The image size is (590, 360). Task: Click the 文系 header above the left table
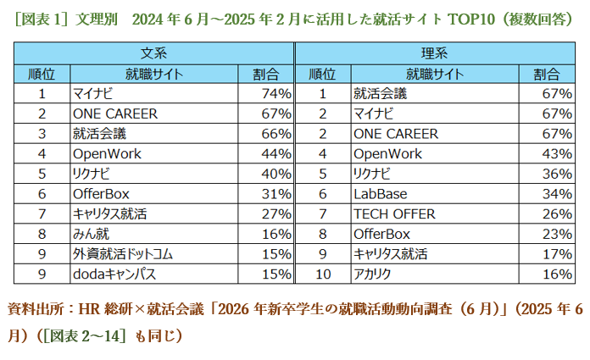pyautogui.click(x=153, y=53)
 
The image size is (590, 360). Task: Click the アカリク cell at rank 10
pyautogui.click(x=373, y=274)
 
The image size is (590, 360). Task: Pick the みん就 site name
pyautogui.click(x=91, y=234)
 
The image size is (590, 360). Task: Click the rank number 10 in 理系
pyautogui.click(x=322, y=274)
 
